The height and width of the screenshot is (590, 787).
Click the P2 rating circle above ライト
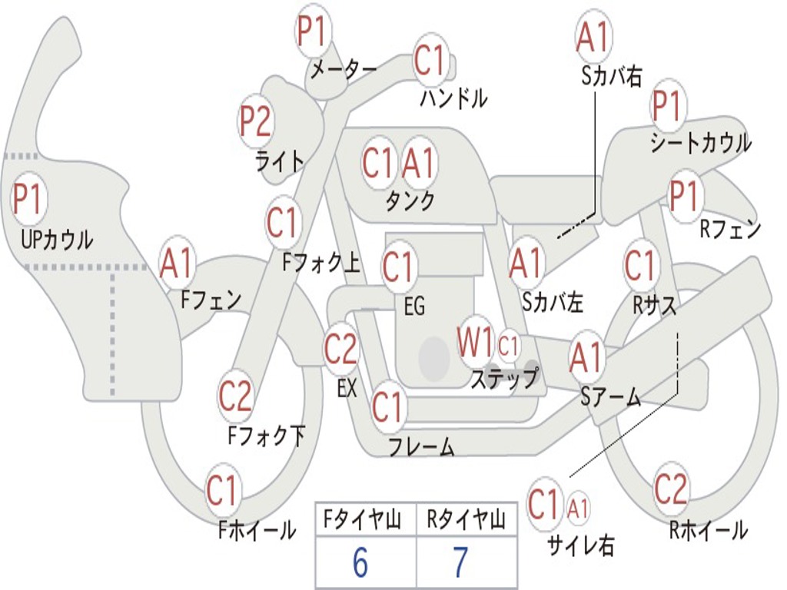256,121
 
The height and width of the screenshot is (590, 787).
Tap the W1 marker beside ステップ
474,342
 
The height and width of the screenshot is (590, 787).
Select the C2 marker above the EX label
340,348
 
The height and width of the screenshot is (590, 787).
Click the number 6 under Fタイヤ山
360,562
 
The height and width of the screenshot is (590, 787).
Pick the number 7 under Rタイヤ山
460,562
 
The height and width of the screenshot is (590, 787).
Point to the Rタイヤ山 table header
467,520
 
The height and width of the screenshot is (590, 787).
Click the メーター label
344,69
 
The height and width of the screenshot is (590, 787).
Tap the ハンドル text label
453,98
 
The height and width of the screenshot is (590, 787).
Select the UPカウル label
57,240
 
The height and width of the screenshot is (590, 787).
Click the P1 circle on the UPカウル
29,199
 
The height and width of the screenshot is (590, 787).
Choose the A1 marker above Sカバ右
593,36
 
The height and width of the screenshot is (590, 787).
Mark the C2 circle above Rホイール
671,489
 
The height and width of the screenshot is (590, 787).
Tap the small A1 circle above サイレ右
578,509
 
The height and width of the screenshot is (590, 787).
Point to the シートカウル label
701,142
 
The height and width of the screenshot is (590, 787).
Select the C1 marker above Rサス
640,264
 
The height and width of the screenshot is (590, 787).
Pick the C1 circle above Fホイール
222,489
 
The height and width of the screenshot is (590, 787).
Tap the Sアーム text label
611,397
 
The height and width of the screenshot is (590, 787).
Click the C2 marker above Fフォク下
235,396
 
